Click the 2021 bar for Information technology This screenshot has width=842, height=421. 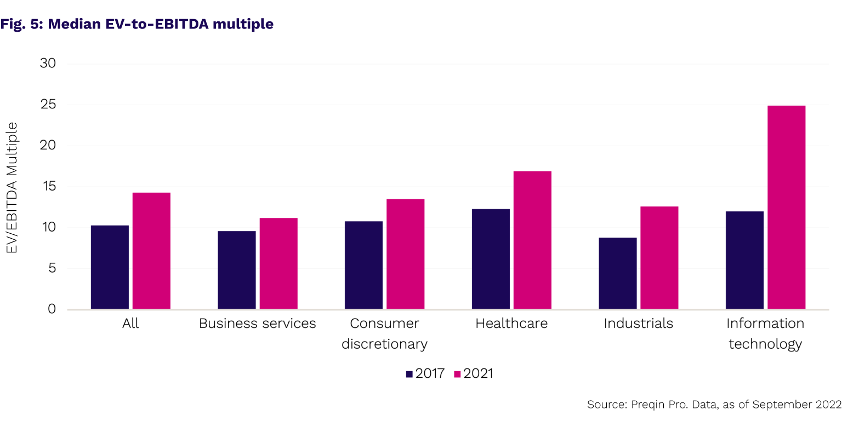pos(786,207)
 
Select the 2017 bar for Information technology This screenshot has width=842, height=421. pos(744,260)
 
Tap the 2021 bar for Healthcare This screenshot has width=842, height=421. pos(532,240)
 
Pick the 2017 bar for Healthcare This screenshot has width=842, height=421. pos(491,259)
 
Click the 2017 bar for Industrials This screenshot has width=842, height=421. pos(618,273)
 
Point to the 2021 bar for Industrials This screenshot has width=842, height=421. pos(659,258)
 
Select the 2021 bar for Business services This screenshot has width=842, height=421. pos(278,263)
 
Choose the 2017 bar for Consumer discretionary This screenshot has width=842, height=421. pos(363,265)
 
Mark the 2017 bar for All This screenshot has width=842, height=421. pos(110,267)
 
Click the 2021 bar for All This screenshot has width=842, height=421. pos(151,251)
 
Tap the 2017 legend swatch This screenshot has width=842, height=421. pos(409,374)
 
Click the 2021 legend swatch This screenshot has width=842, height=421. pos(457,374)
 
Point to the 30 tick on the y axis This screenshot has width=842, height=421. pos(48,64)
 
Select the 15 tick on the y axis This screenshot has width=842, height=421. pos(48,187)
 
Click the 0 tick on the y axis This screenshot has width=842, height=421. pos(52,309)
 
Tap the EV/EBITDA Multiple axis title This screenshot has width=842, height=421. pos(12,187)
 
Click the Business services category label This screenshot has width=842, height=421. pos(257,324)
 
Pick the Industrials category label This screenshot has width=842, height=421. pos(638,324)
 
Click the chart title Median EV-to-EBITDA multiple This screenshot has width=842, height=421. pos(137,24)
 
